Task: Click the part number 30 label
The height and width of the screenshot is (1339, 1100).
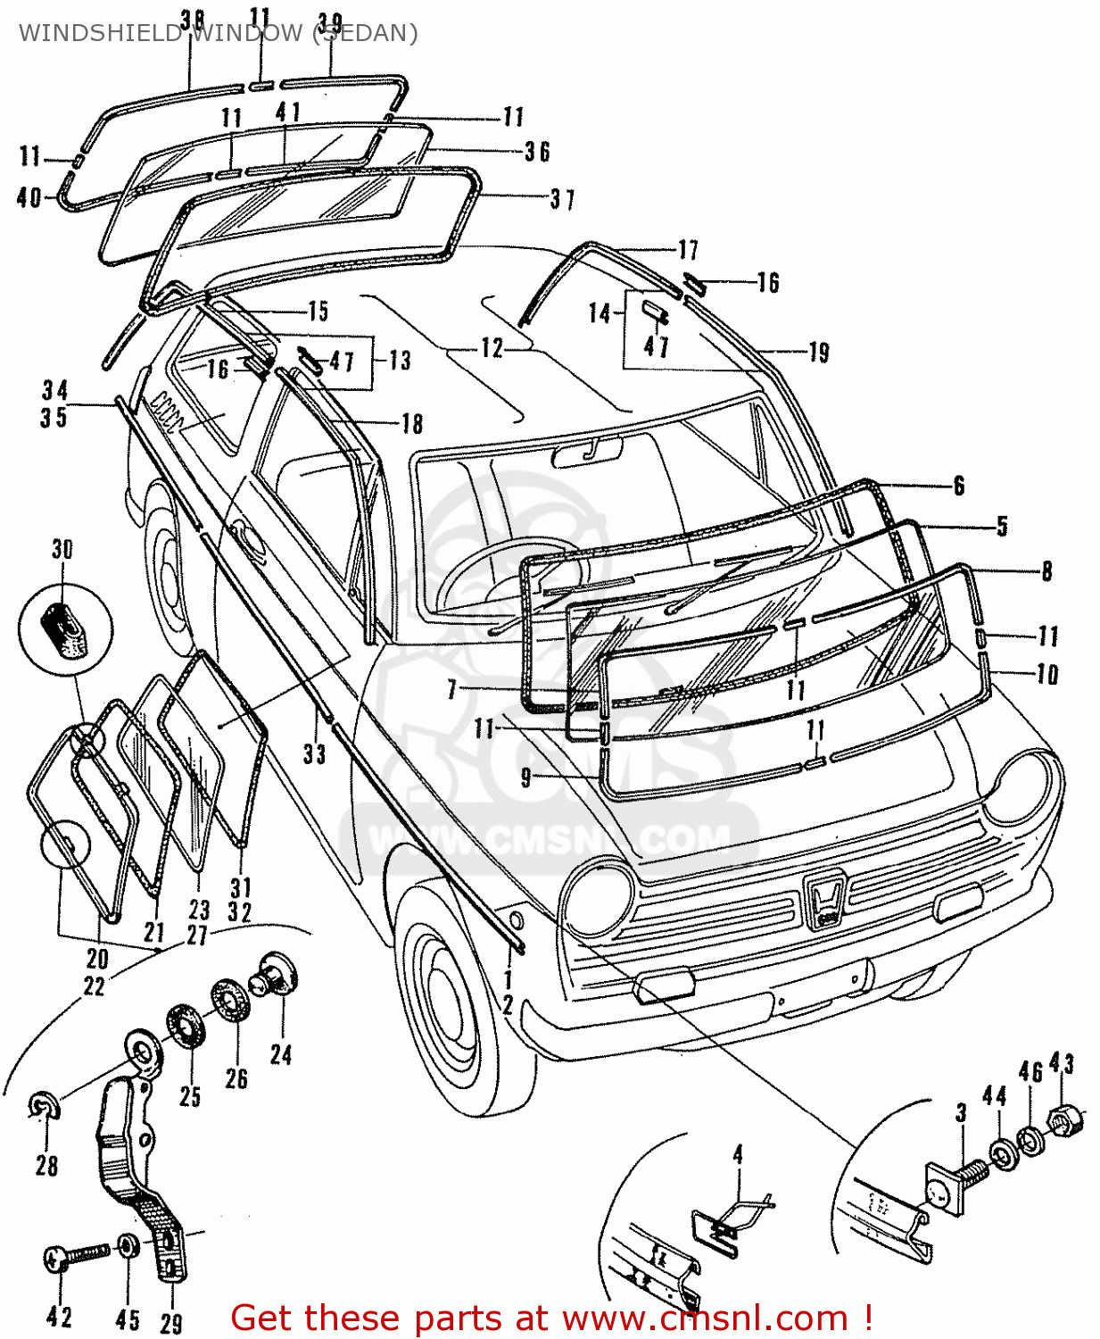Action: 62,549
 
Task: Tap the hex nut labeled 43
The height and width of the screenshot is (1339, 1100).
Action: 1065,1119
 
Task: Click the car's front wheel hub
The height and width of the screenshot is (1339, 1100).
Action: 445,999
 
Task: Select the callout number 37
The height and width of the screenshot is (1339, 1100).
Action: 562,199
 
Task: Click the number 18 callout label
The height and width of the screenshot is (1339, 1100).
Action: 411,423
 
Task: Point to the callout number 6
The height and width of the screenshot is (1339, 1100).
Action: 958,486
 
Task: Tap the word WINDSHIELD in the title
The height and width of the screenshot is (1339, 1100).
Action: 99,33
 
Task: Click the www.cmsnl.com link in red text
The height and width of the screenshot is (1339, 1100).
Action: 704,1318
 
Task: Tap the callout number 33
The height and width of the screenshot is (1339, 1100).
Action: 314,754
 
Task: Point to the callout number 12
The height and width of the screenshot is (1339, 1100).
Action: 492,348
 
